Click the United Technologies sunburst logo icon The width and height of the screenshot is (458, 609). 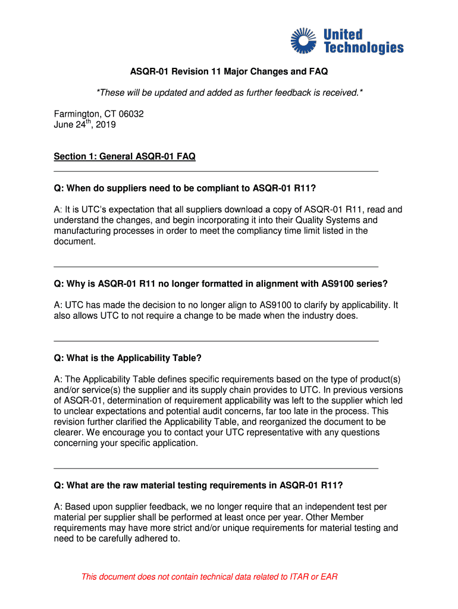click(305, 40)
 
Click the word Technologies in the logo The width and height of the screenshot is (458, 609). click(363, 48)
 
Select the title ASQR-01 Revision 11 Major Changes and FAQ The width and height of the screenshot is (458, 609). click(229, 72)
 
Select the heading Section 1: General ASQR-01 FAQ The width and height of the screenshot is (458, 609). click(124, 156)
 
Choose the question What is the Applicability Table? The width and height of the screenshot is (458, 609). click(128, 358)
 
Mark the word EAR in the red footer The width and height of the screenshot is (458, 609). click(328, 577)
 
